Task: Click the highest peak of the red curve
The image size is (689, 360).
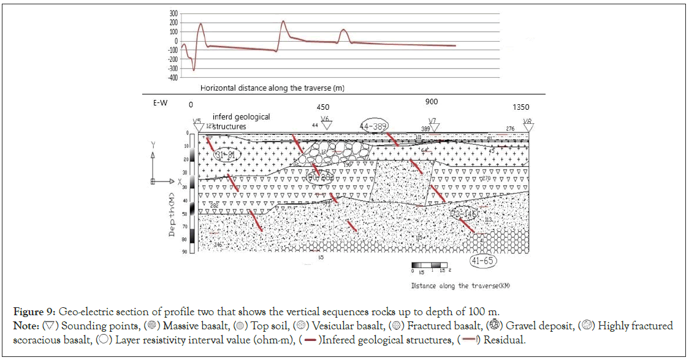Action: (x=283, y=21)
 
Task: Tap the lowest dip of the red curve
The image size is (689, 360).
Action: (x=194, y=70)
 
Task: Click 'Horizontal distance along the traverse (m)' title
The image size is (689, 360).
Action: (x=272, y=88)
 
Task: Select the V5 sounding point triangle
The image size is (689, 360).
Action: (x=197, y=127)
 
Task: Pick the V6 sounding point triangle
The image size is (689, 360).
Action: (x=327, y=125)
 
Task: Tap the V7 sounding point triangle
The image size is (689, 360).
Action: (x=432, y=127)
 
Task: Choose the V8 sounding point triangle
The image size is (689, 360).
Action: (x=528, y=128)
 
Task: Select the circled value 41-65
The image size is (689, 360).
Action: (x=484, y=260)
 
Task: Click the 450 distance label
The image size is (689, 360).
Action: (x=322, y=107)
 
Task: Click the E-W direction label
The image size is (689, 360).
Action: (x=160, y=103)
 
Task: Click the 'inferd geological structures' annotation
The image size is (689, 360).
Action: (x=241, y=121)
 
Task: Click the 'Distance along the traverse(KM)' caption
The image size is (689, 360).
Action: (x=462, y=286)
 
